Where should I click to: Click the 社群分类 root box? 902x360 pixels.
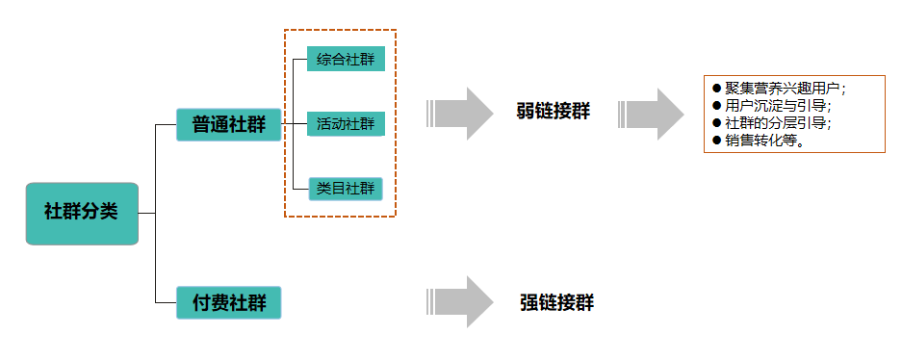pyautogui.click(x=82, y=213)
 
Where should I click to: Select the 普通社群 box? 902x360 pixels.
pyautogui.click(x=228, y=124)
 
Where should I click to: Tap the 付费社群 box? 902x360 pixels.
pyautogui.click(x=228, y=302)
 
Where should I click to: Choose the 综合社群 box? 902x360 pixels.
pyautogui.click(x=346, y=59)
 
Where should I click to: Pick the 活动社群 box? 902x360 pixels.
pyautogui.click(x=346, y=124)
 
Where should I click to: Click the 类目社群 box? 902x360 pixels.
pyautogui.click(x=346, y=189)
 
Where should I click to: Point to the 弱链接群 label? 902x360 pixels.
pyautogui.click(x=553, y=112)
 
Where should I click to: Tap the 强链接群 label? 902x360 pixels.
pyautogui.click(x=556, y=302)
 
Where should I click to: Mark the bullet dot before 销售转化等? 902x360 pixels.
pyautogui.click(x=716, y=141)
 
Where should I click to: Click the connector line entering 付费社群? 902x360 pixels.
pyautogui.click(x=166, y=302)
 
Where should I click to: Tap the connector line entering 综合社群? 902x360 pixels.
pyautogui.click(x=299, y=59)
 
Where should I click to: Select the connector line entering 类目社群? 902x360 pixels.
pyautogui.click(x=299, y=189)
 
